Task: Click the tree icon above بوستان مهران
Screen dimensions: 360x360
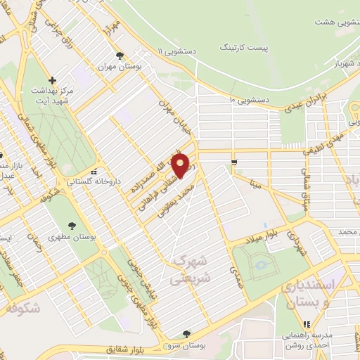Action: [x=122, y=55]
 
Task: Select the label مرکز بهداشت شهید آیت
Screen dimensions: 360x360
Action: [x=51, y=98]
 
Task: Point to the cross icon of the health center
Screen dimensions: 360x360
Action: [x=51, y=79]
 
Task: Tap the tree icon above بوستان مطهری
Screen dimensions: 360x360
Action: [x=71, y=225]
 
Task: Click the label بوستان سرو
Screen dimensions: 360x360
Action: [x=186, y=346]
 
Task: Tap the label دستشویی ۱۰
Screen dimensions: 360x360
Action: [x=249, y=101]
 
